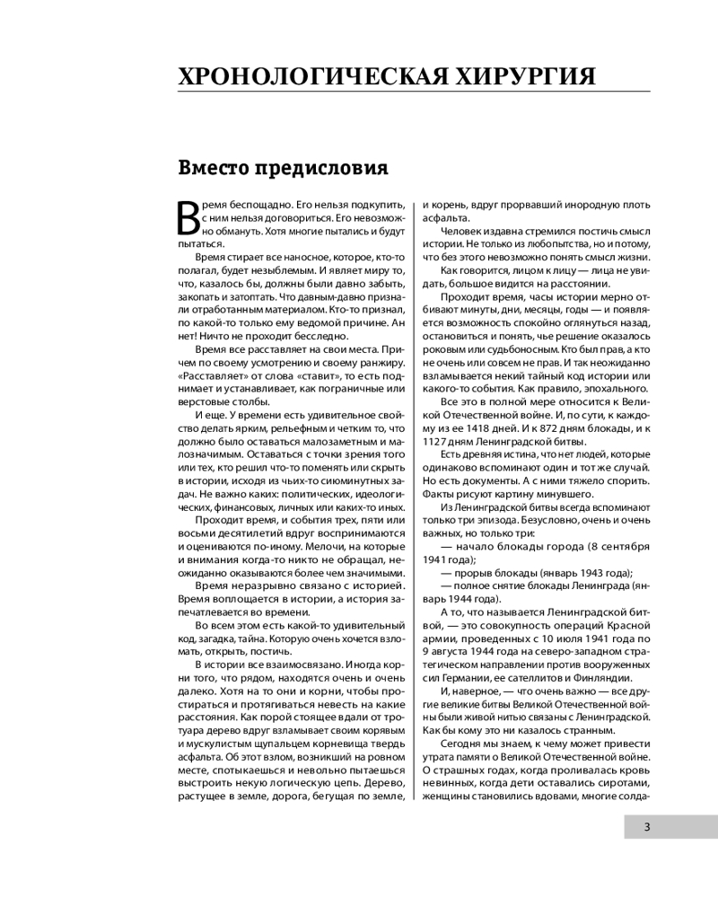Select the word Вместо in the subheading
[215, 168]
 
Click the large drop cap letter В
[191, 223]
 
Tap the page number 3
[646, 827]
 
